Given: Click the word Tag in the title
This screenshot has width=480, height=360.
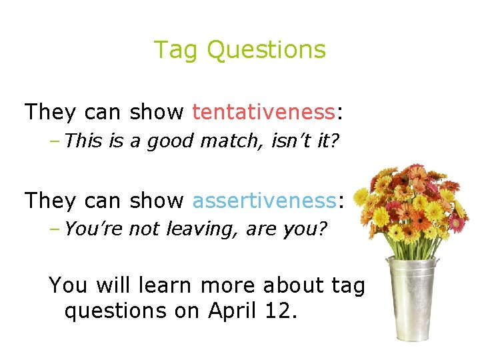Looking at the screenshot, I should coord(177,50).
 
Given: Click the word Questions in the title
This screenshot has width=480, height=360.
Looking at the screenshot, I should coord(266,50).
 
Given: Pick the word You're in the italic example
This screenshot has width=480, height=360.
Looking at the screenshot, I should coord(94,229).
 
